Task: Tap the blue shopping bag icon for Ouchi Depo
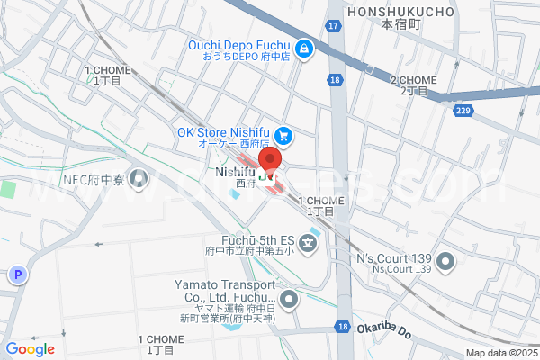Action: pos(304,47)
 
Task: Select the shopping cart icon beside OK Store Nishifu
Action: pos(283,136)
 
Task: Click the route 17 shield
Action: pos(334,25)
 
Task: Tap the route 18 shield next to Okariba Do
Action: pos(343,328)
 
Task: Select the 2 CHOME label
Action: pos(413,80)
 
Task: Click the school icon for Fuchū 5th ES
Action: pos(309,241)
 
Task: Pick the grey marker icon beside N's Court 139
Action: pos(447,263)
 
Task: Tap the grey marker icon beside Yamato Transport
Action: pos(289,298)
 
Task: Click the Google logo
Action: pos(30,349)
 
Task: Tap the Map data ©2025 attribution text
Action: pos(500,353)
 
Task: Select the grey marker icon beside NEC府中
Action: pos(138,180)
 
